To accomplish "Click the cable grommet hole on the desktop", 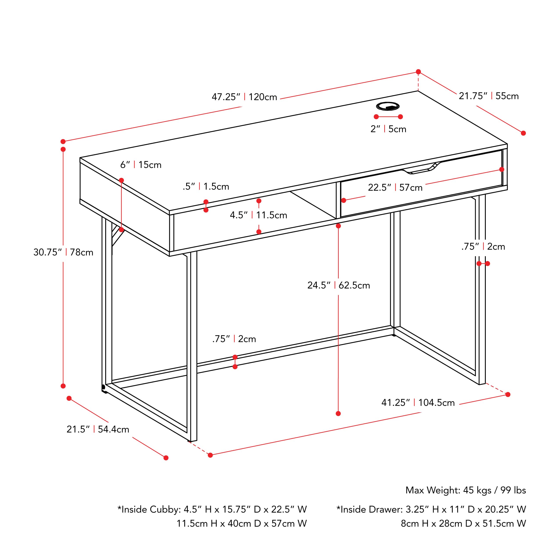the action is [x=388, y=106].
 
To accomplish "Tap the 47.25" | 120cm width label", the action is [x=244, y=97].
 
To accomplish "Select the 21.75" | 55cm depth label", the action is [x=489, y=96].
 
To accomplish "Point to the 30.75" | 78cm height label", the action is [x=63, y=252].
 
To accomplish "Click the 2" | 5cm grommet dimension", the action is [x=388, y=129].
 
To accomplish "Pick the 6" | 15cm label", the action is [x=141, y=165].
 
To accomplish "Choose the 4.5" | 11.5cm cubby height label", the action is [x=258, y=215].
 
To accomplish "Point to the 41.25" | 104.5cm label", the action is [x=418, y=403].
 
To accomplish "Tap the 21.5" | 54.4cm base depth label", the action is [x=98, y=429].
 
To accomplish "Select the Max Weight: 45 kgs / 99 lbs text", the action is [x=466, y=490].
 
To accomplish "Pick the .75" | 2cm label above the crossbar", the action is [x=234, y=339].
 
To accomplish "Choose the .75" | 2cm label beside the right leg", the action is [x=483, y=247].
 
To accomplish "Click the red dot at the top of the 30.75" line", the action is [x=63, y=149].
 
